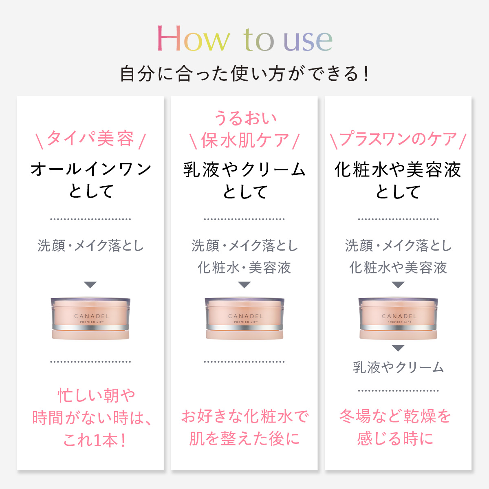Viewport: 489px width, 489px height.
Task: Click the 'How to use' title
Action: click(244, 39)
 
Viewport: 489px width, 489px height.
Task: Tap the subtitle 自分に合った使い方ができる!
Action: click(244, 74)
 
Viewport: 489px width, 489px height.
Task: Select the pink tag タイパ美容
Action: click(90, 139)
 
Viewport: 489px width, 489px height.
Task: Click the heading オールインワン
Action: click(91, 169)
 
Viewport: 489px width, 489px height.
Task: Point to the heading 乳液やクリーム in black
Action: click(244, 170)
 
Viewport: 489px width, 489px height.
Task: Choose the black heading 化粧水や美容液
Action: click(398, 170)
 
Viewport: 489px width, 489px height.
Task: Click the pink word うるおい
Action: click(245, 118)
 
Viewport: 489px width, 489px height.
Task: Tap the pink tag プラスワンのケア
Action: click(398, 139)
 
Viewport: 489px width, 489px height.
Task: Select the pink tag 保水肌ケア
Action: click(245, 140)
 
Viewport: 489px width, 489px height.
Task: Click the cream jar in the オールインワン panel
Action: click(90, 318)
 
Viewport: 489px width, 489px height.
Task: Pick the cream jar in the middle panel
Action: click(244, 318)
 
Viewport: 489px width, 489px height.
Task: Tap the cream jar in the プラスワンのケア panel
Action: click(398, 318)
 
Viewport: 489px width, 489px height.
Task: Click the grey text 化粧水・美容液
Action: click(244, 268)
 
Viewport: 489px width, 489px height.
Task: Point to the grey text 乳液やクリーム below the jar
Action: click(398, 367)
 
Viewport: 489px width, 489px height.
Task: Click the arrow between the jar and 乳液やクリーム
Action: click(398, 348)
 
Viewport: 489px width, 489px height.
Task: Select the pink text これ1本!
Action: click(95, 440)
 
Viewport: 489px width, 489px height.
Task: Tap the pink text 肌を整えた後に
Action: click(244, 439)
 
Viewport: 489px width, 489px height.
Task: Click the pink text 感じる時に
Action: click(395, 439)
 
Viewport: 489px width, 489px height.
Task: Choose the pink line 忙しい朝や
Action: click(97, 395)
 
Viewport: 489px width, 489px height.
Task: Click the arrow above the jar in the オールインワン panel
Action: click(90, 285)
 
